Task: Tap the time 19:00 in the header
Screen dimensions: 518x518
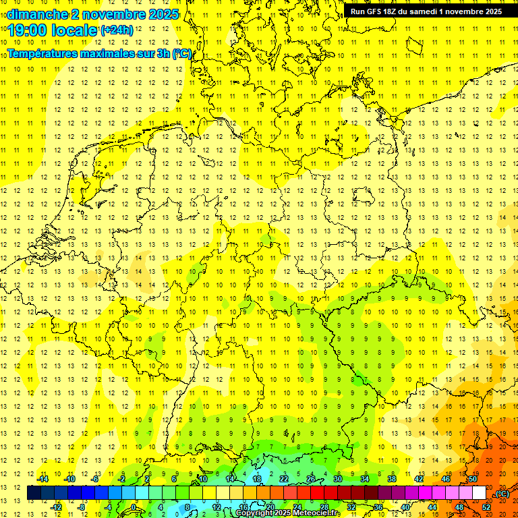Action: (28, 30)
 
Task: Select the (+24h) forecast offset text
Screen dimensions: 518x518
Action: (117, 30)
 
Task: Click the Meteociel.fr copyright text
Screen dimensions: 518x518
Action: (288, 513)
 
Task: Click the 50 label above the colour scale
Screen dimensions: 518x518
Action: (472, 479)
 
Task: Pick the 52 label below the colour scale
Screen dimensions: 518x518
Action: (486, 507)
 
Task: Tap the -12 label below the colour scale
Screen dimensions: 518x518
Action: (56, 507)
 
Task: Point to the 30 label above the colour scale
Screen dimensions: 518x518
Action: (338, 479)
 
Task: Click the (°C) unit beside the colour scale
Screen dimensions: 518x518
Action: (502, 494)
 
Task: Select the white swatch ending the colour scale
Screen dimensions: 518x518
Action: (479, 493)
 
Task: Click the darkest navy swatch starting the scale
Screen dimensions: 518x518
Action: (34, 493)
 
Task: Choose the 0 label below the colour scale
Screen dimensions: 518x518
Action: (134, 507)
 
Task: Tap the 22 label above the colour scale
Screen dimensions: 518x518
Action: (284, 479)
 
